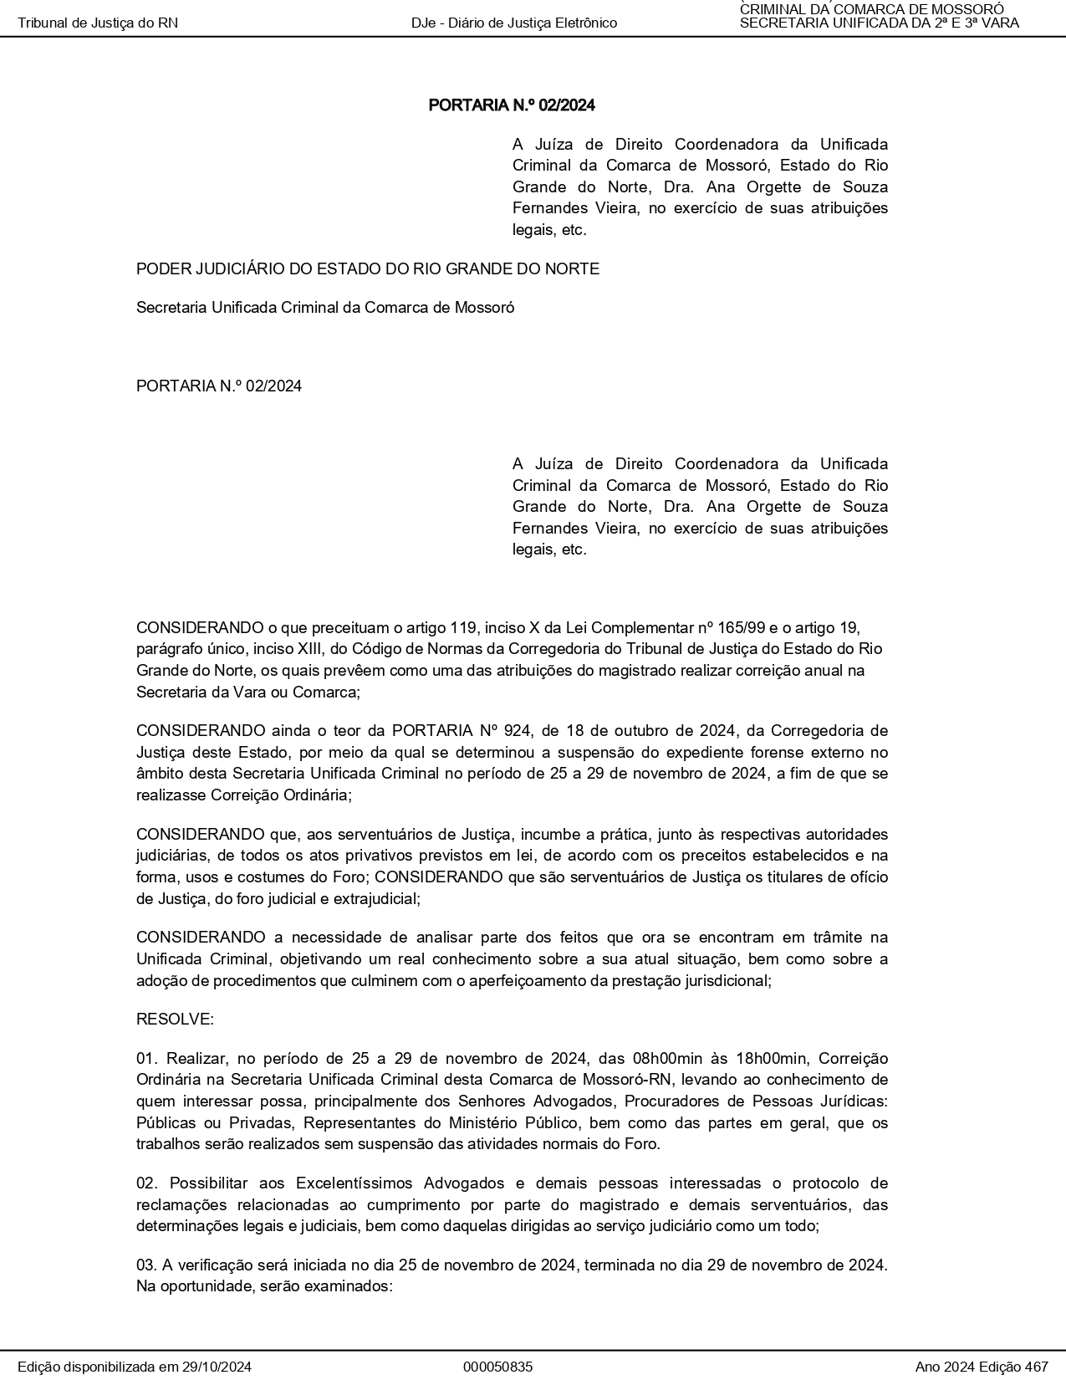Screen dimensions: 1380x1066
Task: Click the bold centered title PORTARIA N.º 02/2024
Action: (x=512, y=105)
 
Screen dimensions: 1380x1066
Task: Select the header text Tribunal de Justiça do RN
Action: (x=98, y=23)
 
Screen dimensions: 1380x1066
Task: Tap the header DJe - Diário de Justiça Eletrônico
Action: (x=514, y=23)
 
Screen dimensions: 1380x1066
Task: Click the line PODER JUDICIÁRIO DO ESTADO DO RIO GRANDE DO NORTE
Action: (x=368, y=269)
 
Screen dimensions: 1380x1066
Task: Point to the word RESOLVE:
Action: (x=175, y=1020)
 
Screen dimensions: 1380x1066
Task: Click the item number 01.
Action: (x=146, y=1059)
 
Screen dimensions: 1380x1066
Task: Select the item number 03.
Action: (x=146, y=1265)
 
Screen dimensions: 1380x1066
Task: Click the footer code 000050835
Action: (x=497, y=1367)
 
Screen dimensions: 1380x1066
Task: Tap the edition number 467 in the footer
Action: (x=1036, y=1367)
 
